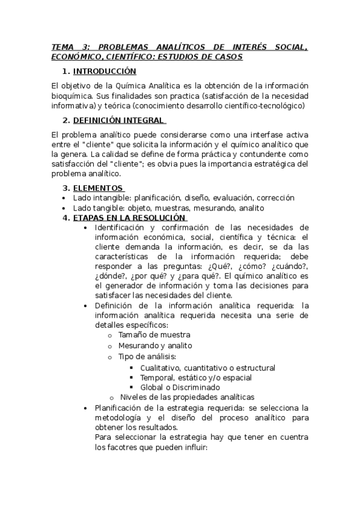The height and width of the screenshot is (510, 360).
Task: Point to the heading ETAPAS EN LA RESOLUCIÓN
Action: click(x=129, y=217)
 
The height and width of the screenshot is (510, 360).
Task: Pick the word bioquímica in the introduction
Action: click(x=72, y=96)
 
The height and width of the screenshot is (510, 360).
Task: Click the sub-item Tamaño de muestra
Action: click(x=154, y=334)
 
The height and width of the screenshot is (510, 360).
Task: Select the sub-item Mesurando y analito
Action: click(x=154, y=345)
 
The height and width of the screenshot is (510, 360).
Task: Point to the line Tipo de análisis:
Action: click(x=147, y=356)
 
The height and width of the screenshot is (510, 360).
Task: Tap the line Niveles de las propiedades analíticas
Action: click(x=187, y=397)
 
